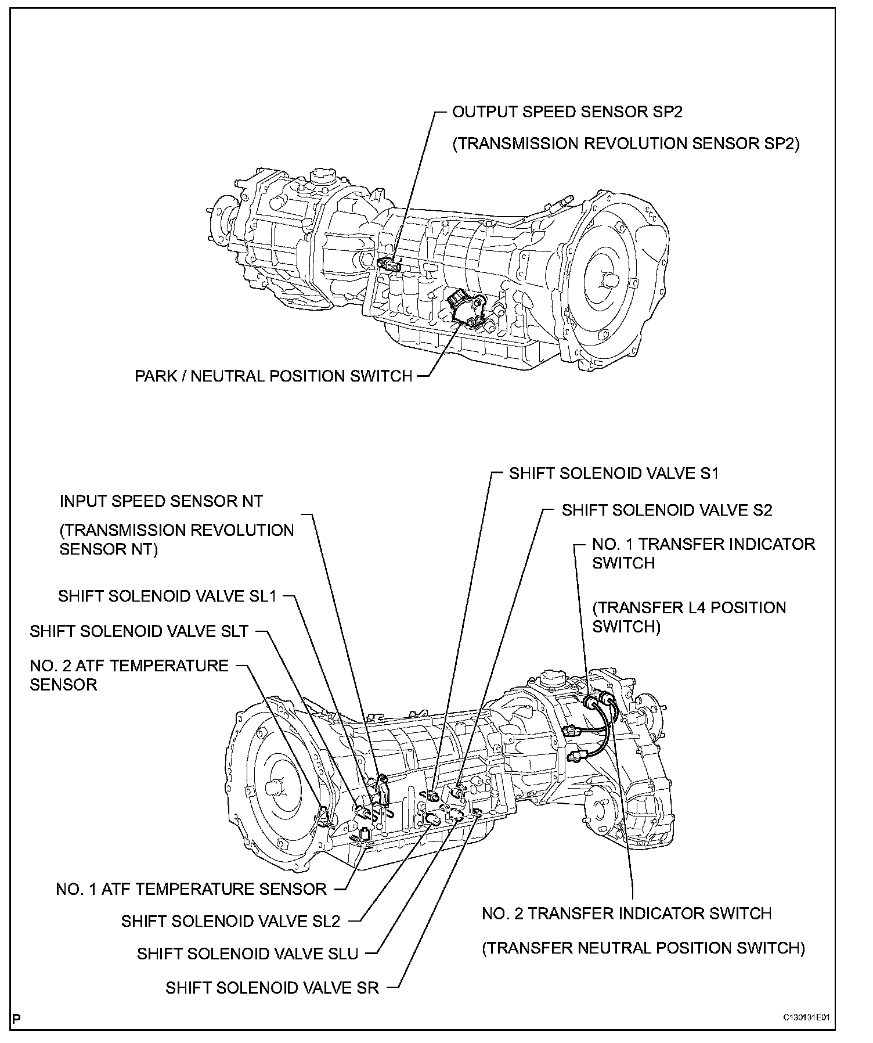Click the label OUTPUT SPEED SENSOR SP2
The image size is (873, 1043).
567,112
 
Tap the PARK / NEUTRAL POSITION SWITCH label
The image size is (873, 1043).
273,376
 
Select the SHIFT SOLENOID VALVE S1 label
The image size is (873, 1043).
614,474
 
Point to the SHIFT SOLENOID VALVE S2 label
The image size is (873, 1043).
667,510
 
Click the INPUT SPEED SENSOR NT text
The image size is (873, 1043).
161,501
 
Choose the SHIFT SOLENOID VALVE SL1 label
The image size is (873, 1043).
168,596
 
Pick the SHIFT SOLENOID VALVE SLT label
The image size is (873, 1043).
139,632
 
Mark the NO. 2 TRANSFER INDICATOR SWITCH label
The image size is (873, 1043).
626,913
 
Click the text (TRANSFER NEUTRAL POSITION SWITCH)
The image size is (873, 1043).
643,948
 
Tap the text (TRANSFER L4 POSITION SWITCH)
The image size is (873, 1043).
689,617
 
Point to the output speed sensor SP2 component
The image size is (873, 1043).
388,266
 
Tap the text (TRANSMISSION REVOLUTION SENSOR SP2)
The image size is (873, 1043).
626,144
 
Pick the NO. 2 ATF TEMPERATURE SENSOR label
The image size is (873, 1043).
129,675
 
